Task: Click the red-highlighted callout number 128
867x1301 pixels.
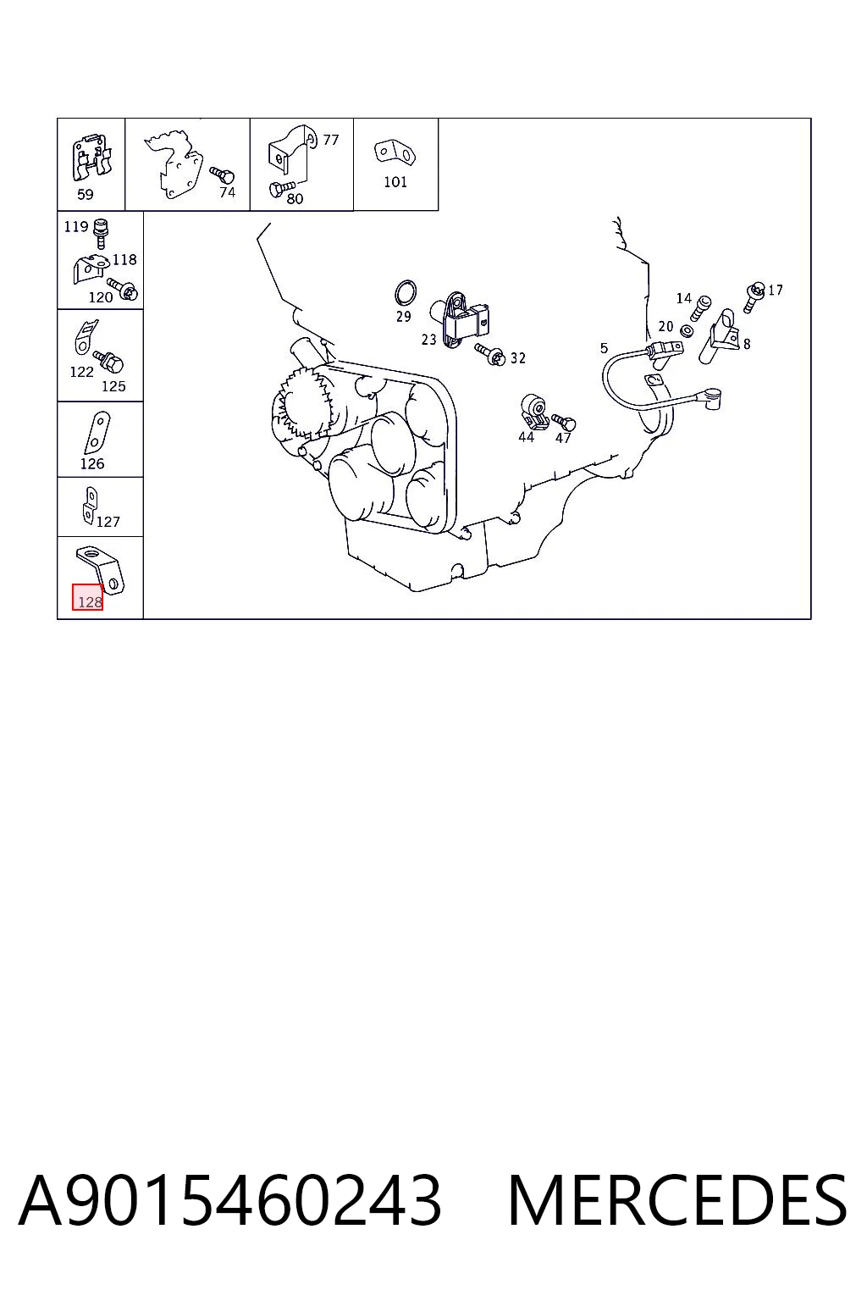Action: (90, 602)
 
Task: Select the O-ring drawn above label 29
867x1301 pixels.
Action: (406, 293)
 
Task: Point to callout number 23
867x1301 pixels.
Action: (428, 339)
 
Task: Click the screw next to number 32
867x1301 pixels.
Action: (489, 355)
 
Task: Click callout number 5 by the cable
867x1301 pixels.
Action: (604, 348)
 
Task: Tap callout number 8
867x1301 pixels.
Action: (747, 344)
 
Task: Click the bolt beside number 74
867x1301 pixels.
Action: (222, 174)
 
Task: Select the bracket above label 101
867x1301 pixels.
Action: (395, 152)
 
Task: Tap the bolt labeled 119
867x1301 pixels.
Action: (101, 234)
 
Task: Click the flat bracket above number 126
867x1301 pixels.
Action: (97, 433)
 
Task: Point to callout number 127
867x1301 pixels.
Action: (108, 522)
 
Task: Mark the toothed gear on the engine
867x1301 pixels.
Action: (302, 405)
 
